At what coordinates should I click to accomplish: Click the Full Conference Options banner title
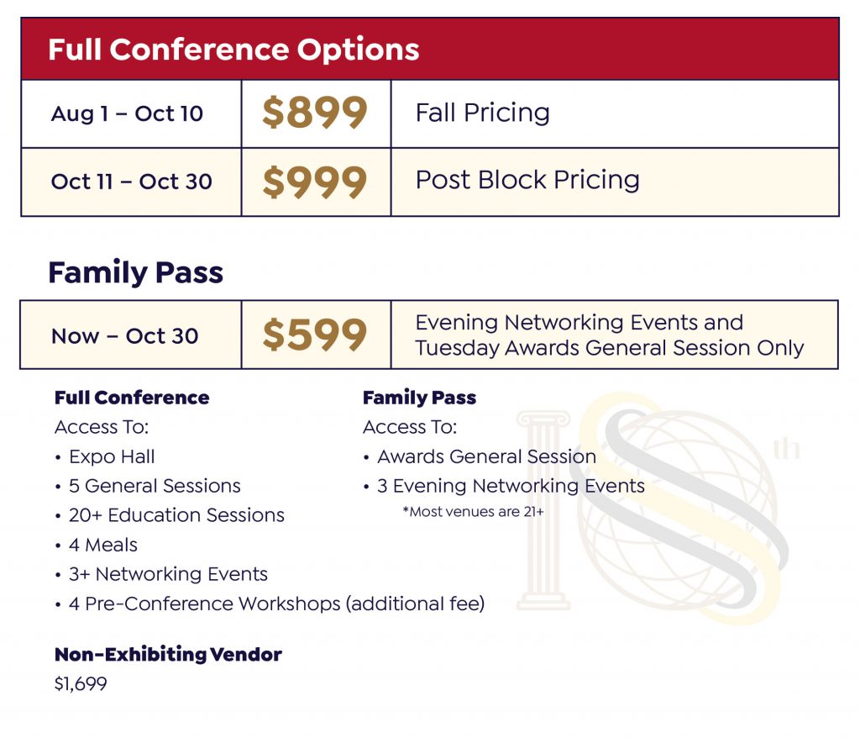coord(233,50)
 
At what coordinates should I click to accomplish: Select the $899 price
coord(315,113)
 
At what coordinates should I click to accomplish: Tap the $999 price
coord(315,182)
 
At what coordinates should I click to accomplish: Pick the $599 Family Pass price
coord(315,335)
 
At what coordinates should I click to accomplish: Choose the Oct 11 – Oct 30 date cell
coord(132,182)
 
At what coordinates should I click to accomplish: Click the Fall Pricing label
coord(483,113)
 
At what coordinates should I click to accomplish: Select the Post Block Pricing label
coord(527,180)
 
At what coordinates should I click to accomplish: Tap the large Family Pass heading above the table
coord(135,272)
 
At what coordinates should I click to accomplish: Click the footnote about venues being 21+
coord(474,512)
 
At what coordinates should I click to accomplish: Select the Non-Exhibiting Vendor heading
coord(168,655)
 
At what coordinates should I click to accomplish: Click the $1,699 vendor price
coord(81,684)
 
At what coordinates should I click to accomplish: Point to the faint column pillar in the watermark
coord(543,511)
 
